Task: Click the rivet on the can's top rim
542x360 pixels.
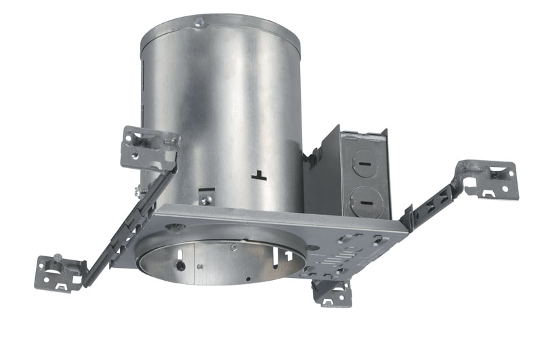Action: [198, 24]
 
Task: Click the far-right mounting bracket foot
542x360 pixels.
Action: [491, 180]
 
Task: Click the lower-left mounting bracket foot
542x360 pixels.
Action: [59, 273]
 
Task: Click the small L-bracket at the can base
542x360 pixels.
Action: [207, 197]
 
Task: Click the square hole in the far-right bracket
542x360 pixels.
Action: [500, 175]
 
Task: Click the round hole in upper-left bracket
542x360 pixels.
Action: [136, 158]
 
